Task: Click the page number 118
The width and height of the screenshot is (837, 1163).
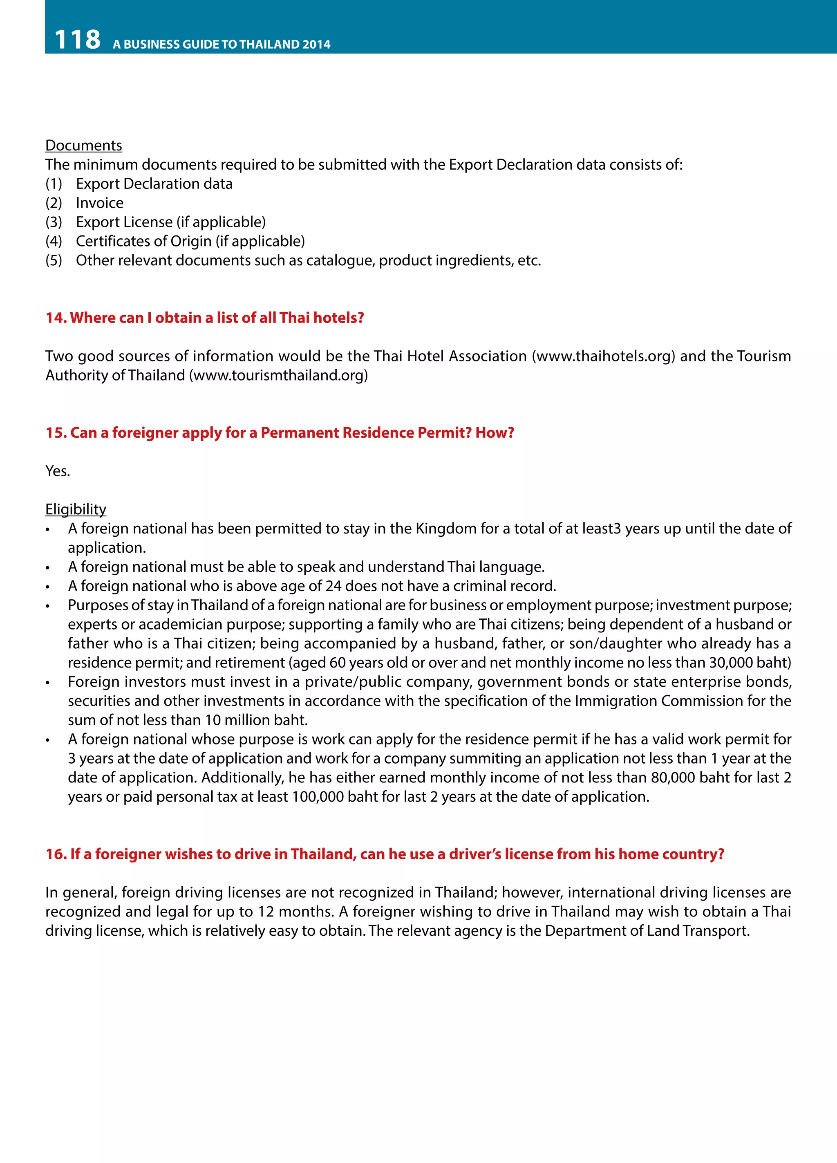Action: tap(77, 40)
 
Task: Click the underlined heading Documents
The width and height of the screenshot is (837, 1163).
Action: tap(83, 146)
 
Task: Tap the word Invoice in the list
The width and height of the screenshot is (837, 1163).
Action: tap(99, 203)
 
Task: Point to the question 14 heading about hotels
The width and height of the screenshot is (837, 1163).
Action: tap(204, 318)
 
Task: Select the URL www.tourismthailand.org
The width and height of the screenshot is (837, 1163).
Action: tap(278, 375)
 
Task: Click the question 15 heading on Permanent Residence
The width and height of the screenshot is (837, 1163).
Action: tap(280, 433)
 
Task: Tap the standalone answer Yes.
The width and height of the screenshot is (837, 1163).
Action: tap(57, 471)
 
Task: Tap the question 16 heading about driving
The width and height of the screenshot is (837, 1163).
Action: tap(385, 854)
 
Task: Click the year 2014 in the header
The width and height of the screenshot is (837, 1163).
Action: tap(316, 45)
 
